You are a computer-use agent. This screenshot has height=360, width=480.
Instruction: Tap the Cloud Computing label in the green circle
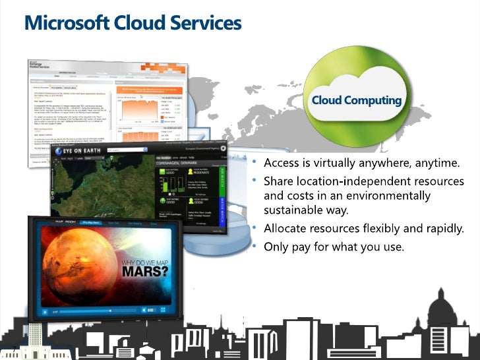356,101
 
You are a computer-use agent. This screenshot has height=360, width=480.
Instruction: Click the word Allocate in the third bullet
284,230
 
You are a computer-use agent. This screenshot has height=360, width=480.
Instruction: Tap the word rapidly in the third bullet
442,230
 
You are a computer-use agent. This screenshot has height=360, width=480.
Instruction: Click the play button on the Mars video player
45,311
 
